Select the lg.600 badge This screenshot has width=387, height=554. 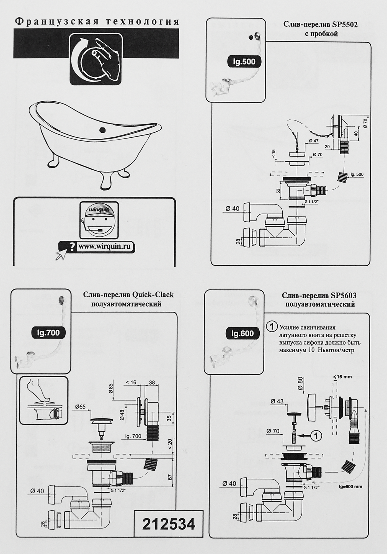pyautogui.click(x=242, y=334)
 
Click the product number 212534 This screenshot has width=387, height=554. pyautogui.click(x=168, y=524)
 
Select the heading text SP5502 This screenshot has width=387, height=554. pyautogui.click(x=345, y=25)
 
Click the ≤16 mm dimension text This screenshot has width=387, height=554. pyautogui.click(x=342, y=377)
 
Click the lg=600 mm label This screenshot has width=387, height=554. pyautogui.click(x=350, y=487)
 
